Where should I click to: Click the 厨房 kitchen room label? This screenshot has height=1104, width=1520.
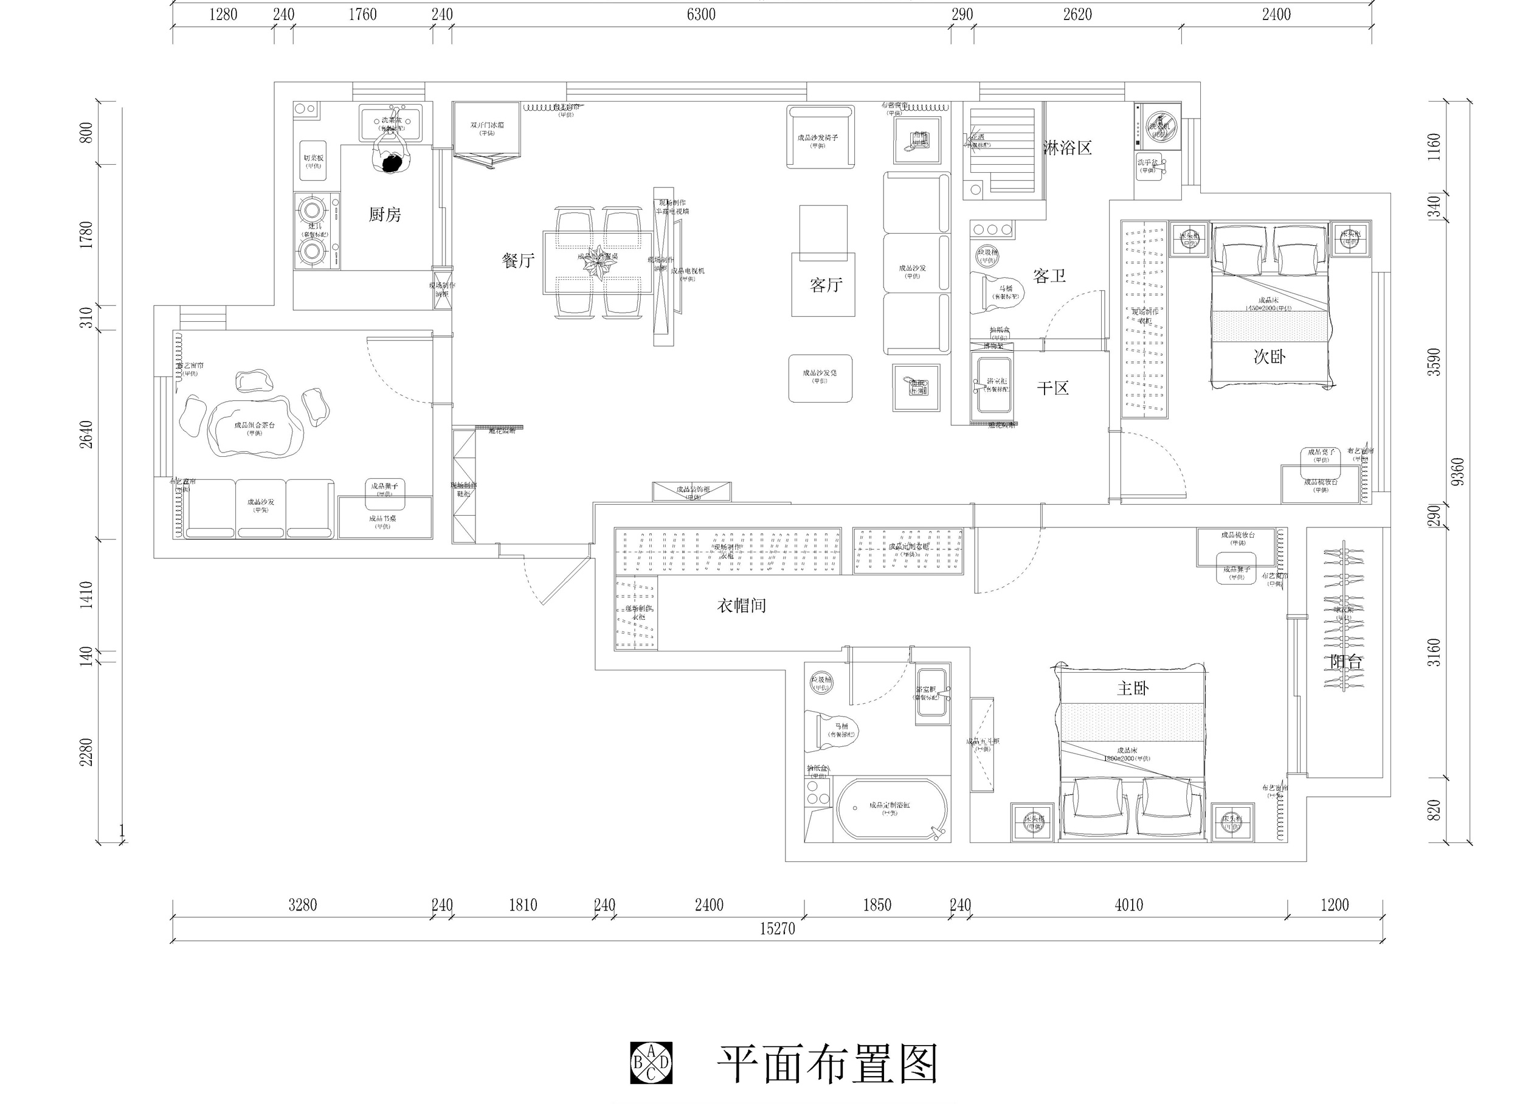coord(385,215)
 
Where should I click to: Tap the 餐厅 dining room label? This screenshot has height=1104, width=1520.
coord(518,261)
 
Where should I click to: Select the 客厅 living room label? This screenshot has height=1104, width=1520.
coord(826,285)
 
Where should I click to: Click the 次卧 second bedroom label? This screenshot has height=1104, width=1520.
coord(1270,356)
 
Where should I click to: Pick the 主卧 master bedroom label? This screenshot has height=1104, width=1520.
coord(1133,689)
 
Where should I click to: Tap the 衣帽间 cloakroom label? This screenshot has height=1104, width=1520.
coord(741,606)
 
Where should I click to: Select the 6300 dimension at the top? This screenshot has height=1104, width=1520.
coord(701,15)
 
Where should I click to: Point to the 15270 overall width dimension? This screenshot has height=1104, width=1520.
coord(777,928)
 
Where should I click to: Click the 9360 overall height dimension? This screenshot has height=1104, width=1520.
coord(1456,472)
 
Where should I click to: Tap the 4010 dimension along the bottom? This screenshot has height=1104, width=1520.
coord(1128,906)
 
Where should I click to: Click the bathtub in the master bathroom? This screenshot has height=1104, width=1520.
coord(892,808)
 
